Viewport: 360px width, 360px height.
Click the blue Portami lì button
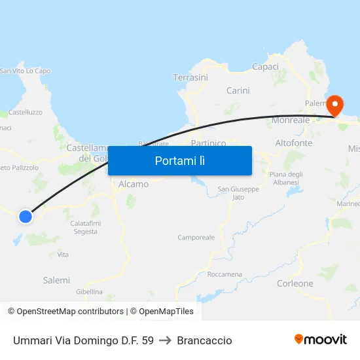[179, 160]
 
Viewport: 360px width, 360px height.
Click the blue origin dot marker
[26, 216]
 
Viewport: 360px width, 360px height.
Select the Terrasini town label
[190, 77]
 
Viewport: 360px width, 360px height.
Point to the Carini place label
[238, 90]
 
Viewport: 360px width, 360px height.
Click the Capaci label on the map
[265, 67]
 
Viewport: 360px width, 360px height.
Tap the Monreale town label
[291, 120]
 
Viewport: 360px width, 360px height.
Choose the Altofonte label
[294, 143]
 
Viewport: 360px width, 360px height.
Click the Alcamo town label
[134, 184]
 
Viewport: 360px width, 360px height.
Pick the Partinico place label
[208, 143]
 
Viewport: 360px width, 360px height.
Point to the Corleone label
[295, 283]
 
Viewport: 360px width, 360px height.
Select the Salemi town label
[56, 280]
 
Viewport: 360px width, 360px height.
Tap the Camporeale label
[196, 237]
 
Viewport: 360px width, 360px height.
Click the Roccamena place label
[225, 274]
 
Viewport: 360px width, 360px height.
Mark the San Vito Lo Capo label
[26, 71]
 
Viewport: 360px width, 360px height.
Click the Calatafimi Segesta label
[85, 227]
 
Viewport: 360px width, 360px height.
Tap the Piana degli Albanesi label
[286, 177]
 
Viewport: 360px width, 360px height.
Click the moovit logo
[320, 339]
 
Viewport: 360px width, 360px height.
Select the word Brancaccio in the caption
[204, 340]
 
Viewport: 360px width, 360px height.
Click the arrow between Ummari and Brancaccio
[165, 340]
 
